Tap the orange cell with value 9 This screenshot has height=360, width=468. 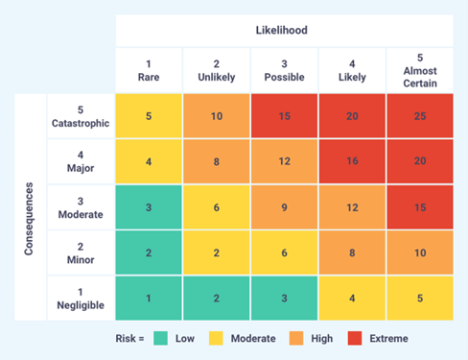tap(283, 207)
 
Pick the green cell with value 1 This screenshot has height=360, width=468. tap(149, 299)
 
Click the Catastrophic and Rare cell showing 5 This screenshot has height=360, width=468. tap(149, 116)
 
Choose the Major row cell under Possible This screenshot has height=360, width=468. tap(283, 162)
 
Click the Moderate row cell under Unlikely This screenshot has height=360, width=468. tap(216, 207)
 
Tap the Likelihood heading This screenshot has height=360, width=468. tap(283, 30)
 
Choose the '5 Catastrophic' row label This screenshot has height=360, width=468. tap(82, 116)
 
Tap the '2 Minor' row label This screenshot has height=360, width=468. tap(82, 253)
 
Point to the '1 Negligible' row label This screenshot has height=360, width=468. tap(82, 299)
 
